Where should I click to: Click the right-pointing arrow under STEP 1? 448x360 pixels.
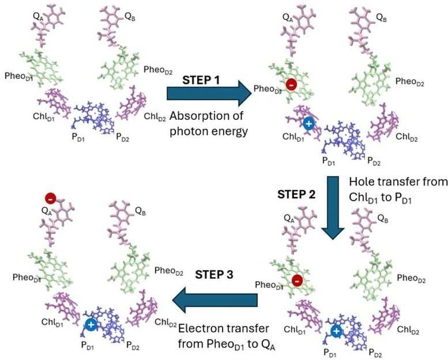pos(209,93)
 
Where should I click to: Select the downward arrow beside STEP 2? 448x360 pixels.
pos(333,208)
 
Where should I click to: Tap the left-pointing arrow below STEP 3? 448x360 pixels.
pos(215,300)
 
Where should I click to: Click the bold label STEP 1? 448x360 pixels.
pos(201,80)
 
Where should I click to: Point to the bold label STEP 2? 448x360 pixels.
pos(296,195)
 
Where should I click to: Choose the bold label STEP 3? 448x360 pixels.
pos(214,275)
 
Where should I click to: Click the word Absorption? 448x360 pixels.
pos(206,116)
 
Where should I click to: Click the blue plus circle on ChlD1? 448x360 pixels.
pos(308,124)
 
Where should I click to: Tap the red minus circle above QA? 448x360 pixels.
pos(51,198)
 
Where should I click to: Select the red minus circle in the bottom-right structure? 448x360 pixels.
pos(298,281)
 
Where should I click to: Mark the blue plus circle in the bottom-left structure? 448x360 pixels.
pos(91,325)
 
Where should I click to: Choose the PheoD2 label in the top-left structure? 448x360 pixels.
pos(158,70)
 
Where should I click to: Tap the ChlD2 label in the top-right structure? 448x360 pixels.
pos(407,137)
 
